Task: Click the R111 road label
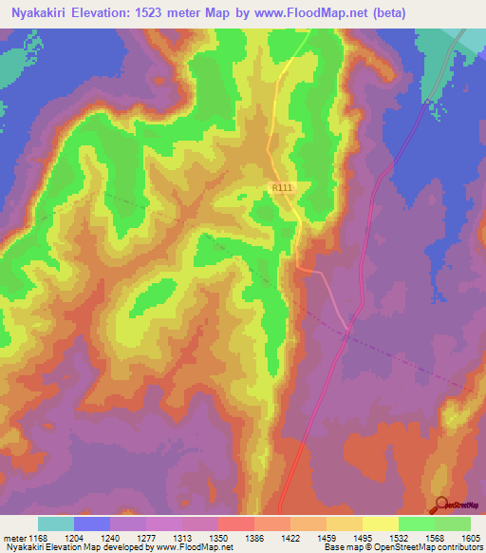click(x=282, y=189)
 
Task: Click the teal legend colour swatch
click(x=56, y=524)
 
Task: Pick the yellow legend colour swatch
click(x=380, y=524)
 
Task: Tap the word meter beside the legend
click(x=13, y=537)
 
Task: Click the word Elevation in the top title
click(x=116, y=13)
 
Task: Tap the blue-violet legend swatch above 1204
click(x=92, y=524)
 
